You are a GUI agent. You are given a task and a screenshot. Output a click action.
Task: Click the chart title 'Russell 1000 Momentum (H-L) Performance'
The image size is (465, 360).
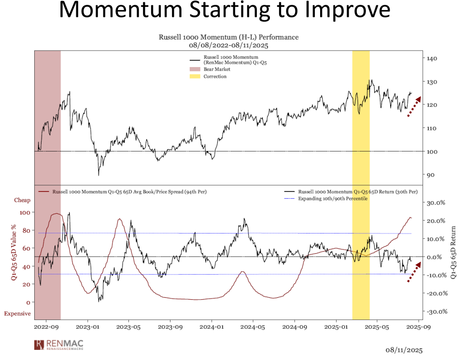tap(228, 37)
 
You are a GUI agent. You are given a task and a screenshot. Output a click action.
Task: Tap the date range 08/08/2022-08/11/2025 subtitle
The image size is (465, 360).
tap(228, 45)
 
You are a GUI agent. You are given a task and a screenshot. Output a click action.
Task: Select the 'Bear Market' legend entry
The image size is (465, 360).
tap(216, 69)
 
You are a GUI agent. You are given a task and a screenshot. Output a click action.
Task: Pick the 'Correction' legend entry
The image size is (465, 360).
tap(215, 77)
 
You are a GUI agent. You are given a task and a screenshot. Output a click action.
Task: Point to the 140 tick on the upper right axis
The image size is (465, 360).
tap(432, 58)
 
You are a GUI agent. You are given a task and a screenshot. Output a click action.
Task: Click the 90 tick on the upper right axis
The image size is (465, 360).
tap(430, 175)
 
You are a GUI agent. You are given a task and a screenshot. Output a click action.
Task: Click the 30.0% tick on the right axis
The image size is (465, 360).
tap(434, 203)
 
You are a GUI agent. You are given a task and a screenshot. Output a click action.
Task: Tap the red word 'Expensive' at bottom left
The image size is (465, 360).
tap(17, 314)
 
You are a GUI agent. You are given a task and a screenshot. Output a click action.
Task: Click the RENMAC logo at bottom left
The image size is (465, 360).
tap(57, 344)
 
